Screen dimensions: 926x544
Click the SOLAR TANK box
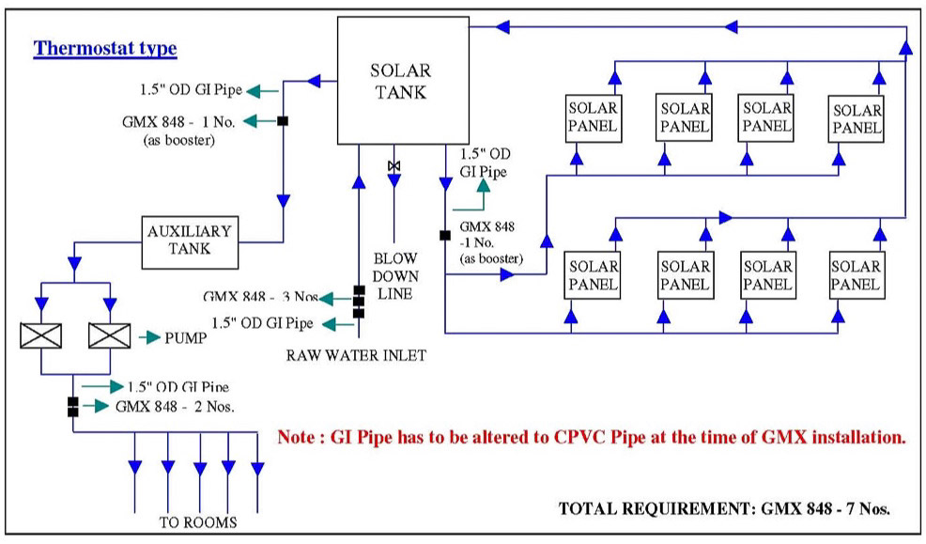click(x=403, y=80)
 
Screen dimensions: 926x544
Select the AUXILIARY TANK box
click(x=190, y=242)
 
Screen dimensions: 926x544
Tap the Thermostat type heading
click(x=105, y=48)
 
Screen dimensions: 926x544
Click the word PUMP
click(x=185, y=338)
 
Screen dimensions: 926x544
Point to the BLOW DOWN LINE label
click(x=395, y=276)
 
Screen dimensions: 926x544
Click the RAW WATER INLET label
click(x=356, y=355)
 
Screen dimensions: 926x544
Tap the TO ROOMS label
click(x=198, y=522)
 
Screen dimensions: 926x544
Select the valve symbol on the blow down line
click(x=394, y=166)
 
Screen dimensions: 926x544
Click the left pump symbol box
click(x=40, y=335)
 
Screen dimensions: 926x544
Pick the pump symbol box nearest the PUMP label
click(x=109, y=335)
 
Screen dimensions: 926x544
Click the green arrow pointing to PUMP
click(x=150, y=337)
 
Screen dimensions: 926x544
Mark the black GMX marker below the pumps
click(x=72, y=407)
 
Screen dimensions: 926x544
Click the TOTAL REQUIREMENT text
click(x=724, y=508)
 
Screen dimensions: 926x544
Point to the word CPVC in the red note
click(x=579, y=437)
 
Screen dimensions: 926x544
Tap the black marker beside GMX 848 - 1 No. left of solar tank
click(x=283, y=121)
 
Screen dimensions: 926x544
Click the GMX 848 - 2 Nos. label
click(x=175, y=407)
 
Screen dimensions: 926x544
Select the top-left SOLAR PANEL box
click(x=594, y=118)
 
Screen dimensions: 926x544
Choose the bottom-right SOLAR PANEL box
click(x=857, y=275)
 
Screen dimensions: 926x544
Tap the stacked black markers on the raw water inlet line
click(x=359, y=303)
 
